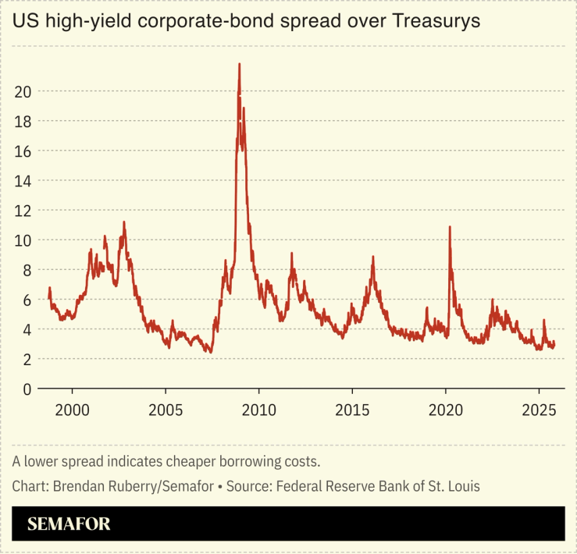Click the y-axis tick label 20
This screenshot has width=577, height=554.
point(23,91)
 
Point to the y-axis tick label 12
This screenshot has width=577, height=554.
point(23,210)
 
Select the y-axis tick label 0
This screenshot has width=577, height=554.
point(27,389)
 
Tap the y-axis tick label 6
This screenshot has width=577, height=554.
point(27,300)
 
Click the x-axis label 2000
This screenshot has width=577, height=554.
point(72,410)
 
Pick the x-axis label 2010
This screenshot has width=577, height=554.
point(258,410)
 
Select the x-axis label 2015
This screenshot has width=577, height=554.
point(351,410)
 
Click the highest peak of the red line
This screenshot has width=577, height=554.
point(239,64)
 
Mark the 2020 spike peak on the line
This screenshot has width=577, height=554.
point(450,227)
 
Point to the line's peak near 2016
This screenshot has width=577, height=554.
point(373,257)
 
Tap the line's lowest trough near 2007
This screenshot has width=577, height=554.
point(211,352)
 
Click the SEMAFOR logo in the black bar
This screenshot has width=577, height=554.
point(69,524)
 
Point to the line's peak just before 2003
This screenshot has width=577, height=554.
point(123,222)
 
